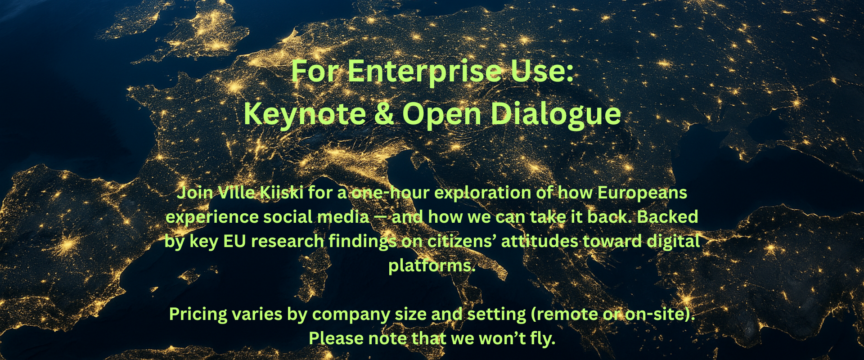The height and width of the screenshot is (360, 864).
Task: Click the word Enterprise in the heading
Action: [x=425, y=72]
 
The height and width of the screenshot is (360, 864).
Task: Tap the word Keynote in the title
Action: [x=305, y=114]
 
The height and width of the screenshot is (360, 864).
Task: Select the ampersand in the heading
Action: [x=384, y=113]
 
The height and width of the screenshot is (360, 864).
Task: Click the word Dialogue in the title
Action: [x=556, y=114]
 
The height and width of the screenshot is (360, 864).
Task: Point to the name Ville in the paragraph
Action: [x=236, y=193]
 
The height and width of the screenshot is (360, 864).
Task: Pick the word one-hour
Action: [x=390, y=193]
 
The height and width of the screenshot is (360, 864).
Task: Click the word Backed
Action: [x=667, y=217]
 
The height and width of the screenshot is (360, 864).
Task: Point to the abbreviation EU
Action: [x=234, y=241]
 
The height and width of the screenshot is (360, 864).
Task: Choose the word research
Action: [x=288, y=241]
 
